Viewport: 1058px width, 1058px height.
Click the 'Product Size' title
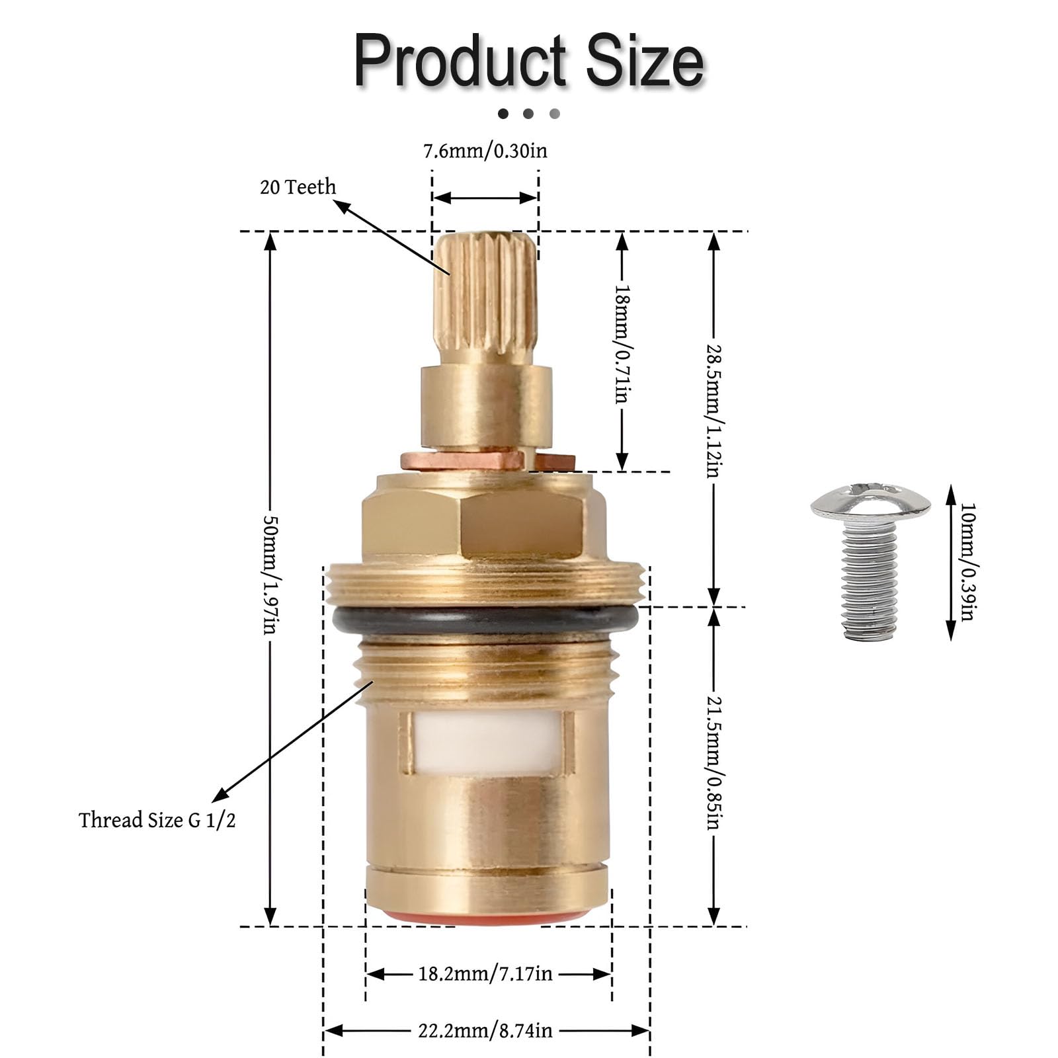529,61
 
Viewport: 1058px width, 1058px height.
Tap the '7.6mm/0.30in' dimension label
485,151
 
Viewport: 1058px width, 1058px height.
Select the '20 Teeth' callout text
298,187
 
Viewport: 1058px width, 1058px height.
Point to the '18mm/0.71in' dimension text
622,344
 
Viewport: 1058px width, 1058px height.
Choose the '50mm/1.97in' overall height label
270,575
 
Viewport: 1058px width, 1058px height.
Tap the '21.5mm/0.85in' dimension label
713,762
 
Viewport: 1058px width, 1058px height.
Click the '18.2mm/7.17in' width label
485,973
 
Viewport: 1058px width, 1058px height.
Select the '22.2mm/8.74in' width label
485,1030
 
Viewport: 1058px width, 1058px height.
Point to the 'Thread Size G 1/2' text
157,820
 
